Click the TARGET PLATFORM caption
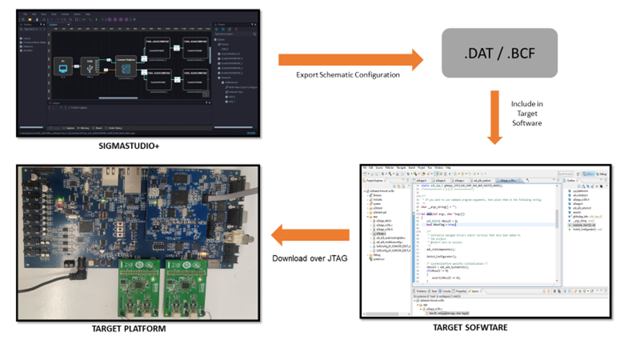[x=128, y=329]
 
